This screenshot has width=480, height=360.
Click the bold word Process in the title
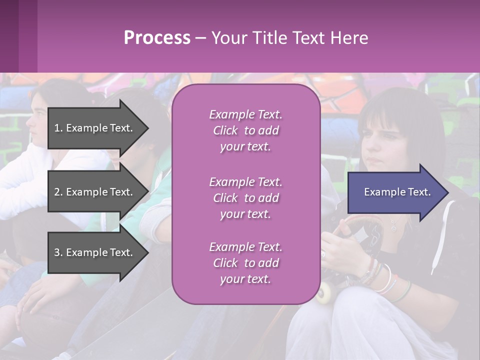pyautogui.click(x=157, y=38)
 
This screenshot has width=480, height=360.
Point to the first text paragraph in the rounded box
pyautogui.click(x=245, y=130)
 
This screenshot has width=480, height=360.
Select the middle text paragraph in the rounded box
pyautogui.click(x=245, y=198)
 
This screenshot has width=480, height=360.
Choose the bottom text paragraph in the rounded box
pyautogui.click(x=245, y=263)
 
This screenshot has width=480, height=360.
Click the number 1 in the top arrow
pyautogui.click(x=57, y=128)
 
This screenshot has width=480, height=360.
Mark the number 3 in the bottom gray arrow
pyautogui.click(x=57, y=252)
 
